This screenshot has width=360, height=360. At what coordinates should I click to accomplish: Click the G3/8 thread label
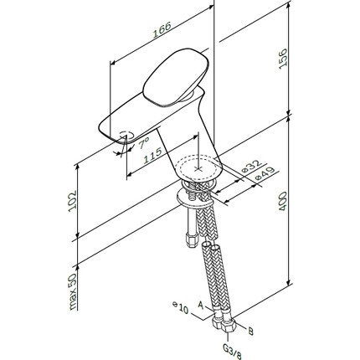pyautogui.click(x=234, y=349)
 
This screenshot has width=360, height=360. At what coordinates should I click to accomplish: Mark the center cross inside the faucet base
pyautogui.click(x=198, y=165)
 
